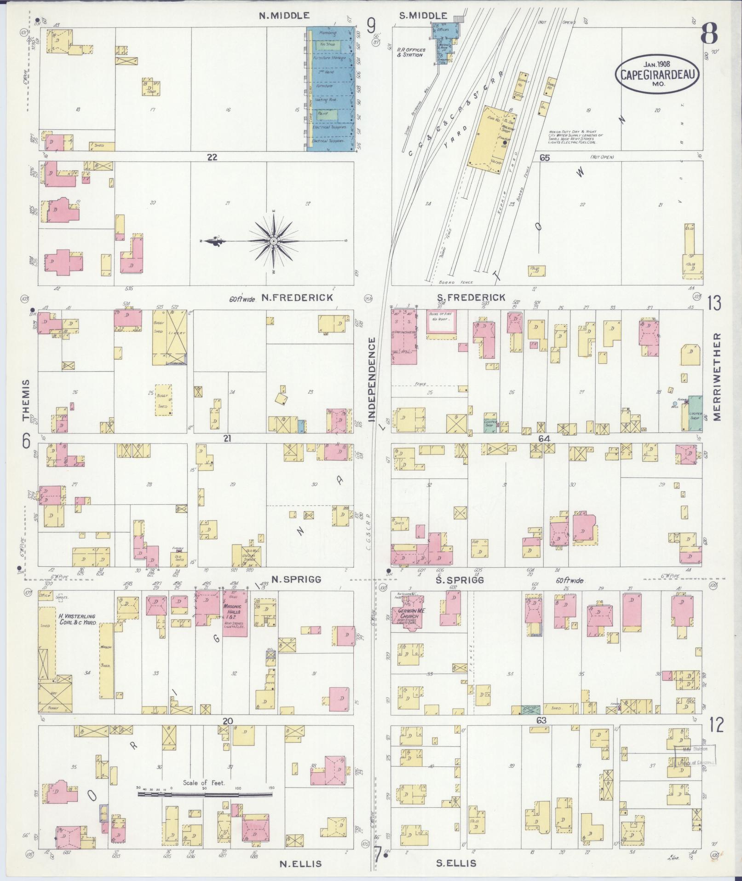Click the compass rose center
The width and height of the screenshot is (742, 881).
pyautogui.click(x=274, y=241)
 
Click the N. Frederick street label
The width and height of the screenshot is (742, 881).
pyautogui.click(x=297, y=298)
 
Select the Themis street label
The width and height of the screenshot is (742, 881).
pyautogui.click(x=26, y=400)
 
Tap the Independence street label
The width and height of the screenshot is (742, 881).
pyautogui.click(x=372, y=379)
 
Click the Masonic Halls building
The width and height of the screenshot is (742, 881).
pyautogui.click(x=235, y=613)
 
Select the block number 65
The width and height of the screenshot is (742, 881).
pyautogui.click(x=545, y=158)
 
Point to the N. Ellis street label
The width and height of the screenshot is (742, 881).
pyautogui.click(x=300, y=863)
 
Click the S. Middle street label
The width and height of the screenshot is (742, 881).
pyautogui.click(x=423, y=16)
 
